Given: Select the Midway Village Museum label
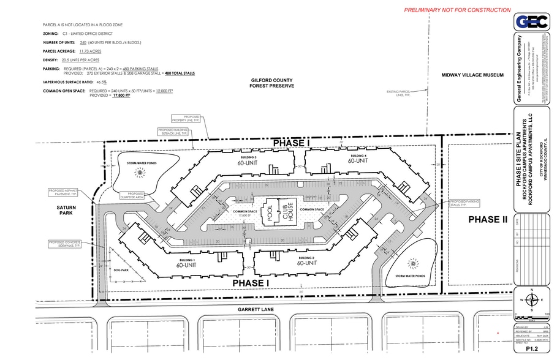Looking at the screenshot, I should pos(472,75).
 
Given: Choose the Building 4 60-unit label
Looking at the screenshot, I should pos(357,159).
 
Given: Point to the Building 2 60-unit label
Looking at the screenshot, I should pos(306,263).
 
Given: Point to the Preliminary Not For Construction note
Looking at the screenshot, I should pos(457,10).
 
